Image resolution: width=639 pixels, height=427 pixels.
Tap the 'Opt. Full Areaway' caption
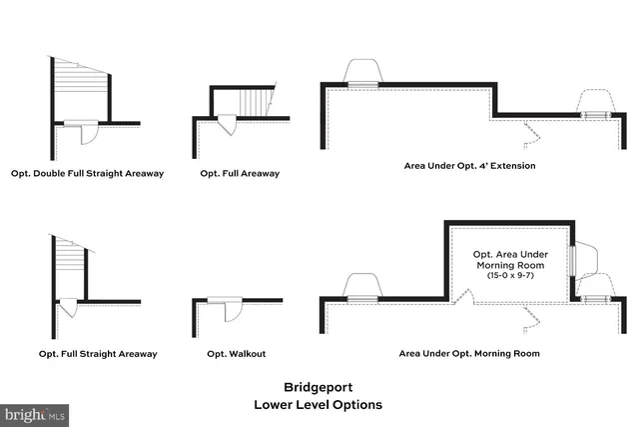240,173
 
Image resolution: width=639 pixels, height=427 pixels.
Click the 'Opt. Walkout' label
237,353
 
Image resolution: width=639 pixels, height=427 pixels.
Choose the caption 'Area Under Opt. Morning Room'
468,353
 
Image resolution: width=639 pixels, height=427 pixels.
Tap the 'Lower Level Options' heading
318,405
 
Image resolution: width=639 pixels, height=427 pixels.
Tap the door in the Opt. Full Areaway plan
229,125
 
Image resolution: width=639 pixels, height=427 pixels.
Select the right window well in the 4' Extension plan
599,104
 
